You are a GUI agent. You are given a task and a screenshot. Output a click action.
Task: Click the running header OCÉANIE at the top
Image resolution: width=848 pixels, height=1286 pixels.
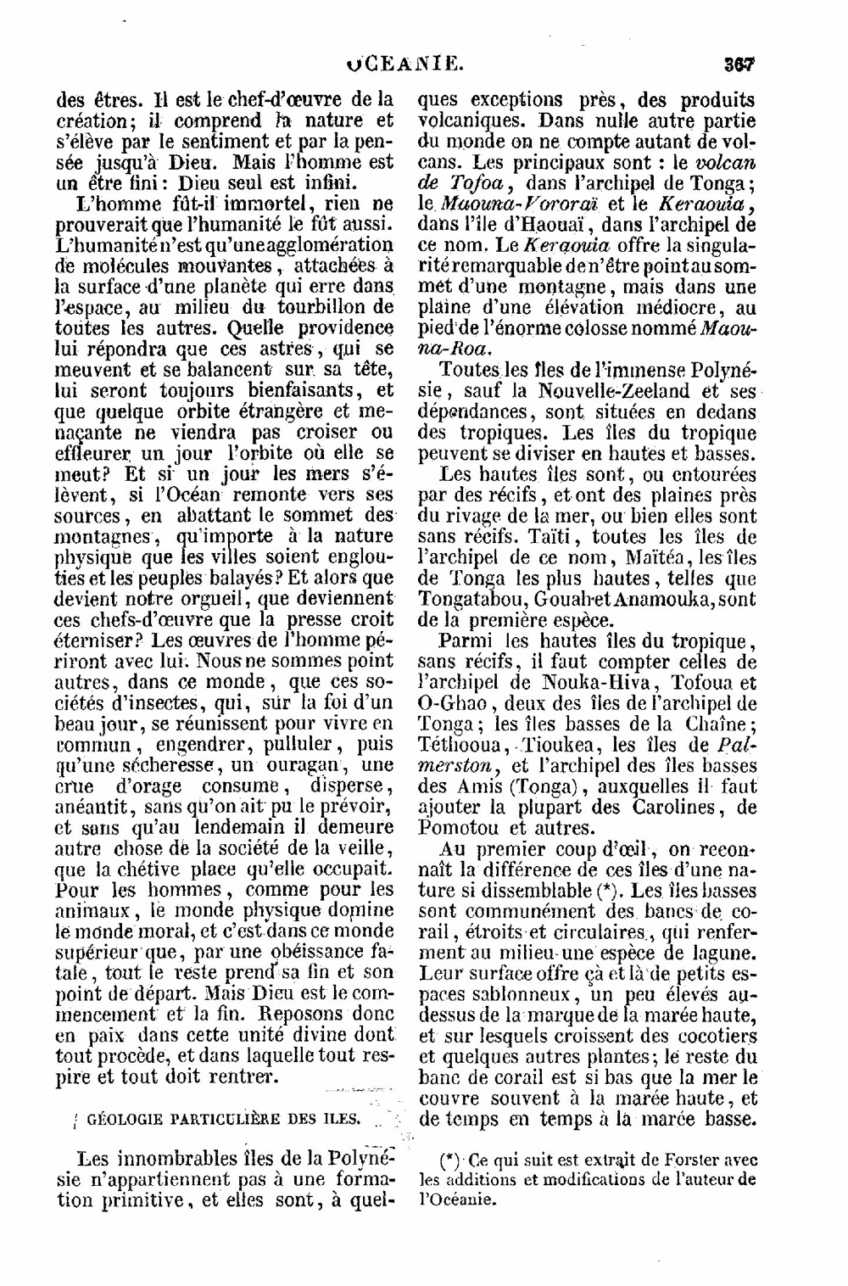(406, 64)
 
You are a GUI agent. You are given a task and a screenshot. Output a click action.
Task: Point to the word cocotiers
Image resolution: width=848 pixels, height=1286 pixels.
(709, 1036)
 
